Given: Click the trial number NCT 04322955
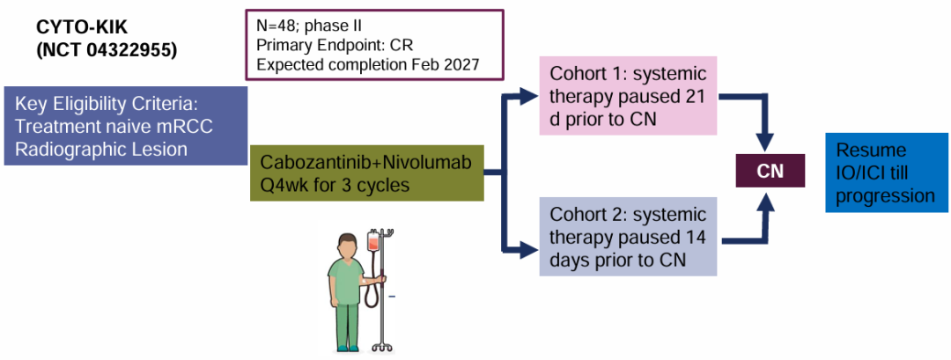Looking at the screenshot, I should pyautogui.click(x=107, y=50).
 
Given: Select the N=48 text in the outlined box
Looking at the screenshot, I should pyautogui.click(x=280, y=26).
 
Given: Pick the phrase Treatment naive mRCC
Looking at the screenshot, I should pyautogui.click(x=114, y=126).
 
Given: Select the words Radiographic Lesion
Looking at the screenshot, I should pyautogui.click(x=101, y=149).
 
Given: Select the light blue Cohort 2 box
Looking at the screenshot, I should pyautogui.click(x=628, y=237).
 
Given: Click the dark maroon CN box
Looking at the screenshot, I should pyautogui.click(x=770, y=171).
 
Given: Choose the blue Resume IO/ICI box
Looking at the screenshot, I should pyautogui.click(x=887, y=173).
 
